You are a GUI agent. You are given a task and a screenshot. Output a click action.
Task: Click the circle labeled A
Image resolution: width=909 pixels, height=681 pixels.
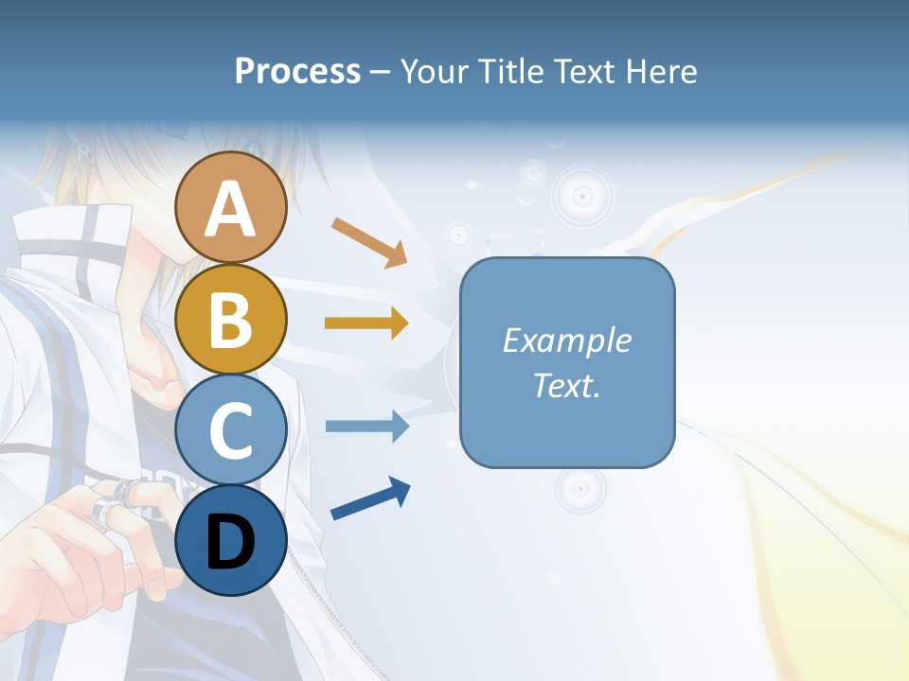(230, 208)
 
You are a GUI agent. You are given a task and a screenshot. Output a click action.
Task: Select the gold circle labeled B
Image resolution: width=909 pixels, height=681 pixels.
(230, 320)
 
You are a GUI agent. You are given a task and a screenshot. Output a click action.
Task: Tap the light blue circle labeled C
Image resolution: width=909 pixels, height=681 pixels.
(230, 430)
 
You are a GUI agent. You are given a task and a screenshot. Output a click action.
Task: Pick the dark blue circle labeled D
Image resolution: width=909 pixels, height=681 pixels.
(230, 541)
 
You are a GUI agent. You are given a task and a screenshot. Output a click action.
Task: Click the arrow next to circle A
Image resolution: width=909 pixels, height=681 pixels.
(369, 242)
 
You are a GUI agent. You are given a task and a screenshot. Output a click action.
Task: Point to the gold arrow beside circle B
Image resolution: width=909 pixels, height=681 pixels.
(366, 323)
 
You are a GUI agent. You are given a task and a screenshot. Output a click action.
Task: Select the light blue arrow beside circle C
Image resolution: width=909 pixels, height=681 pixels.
(366, 426)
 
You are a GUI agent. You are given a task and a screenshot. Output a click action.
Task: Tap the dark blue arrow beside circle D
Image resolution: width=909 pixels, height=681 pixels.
(370, 499)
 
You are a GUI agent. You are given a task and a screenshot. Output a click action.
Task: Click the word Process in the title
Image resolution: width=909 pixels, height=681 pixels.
(297, 72)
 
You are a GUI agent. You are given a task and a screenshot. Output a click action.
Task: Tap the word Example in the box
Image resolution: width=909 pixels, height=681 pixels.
(567, 340)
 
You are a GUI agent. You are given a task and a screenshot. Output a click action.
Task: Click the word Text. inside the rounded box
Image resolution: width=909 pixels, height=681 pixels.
(567, 385)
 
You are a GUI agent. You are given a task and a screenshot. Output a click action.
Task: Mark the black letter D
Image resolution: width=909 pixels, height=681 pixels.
(230, 543)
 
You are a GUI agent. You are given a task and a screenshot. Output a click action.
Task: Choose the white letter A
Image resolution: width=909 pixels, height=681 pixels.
(230, 210)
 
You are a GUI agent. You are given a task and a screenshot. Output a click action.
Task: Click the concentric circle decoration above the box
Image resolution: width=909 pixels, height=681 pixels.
(582, 196)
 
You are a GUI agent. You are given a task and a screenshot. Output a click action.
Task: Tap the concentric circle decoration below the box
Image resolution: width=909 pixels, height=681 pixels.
(579, 489)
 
